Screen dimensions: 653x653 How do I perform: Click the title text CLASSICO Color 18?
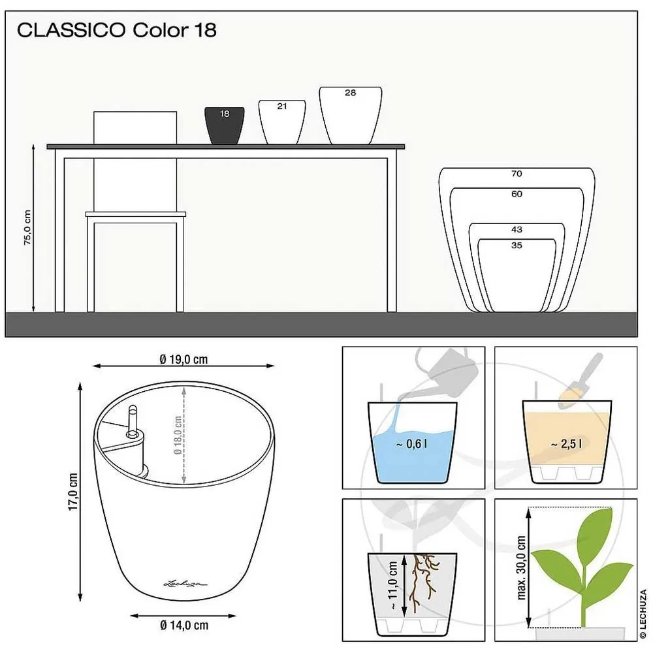point(117,30)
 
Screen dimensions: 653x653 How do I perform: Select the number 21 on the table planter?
point(282,106)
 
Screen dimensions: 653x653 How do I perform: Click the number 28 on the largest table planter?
point(350,93)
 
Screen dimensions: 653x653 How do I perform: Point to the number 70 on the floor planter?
point(517,174)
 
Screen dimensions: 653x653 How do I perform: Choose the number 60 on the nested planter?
point(517,194)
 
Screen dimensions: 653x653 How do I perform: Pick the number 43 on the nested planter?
point(517,229)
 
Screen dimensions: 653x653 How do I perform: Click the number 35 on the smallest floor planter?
point(517,246)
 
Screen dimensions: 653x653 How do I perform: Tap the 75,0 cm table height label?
point(27,227)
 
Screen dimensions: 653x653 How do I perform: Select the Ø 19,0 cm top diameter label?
point(183,359)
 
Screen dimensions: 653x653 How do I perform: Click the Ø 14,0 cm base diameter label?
point(184,625)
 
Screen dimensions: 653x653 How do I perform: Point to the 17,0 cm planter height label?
point(73,492)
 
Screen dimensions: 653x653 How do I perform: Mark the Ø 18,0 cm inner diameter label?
point(178,435)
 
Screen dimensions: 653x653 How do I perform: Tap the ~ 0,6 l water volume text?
point(411,444)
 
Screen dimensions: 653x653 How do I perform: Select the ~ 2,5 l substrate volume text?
point(566,444)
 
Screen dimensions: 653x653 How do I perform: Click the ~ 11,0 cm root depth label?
point(392,586)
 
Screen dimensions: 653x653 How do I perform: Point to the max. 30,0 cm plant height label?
point(521,567)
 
